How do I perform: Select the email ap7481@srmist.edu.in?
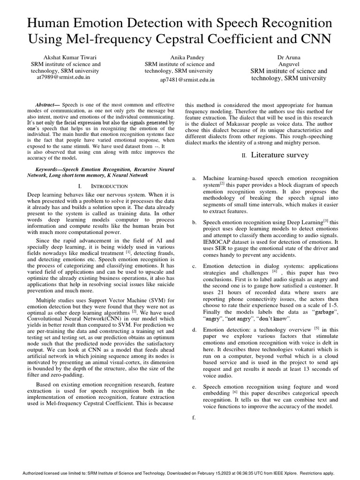(x=187, y=80)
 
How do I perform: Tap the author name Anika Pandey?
(x=179, y=57)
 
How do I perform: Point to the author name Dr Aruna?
(x=289, y=57)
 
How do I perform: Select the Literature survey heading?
(x=280, y=155)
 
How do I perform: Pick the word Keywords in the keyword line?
(x=48, y=168)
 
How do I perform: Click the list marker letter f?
(x=194, y=418)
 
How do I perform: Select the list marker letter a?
(x=194, y=179)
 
